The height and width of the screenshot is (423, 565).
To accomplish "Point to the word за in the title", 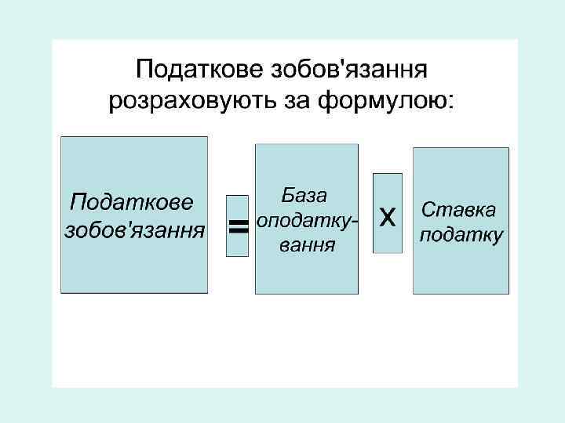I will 297,102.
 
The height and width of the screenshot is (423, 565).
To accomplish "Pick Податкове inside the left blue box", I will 131,203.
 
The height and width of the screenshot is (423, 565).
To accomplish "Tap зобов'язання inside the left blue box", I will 133,230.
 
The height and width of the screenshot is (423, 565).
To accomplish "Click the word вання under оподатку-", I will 307,246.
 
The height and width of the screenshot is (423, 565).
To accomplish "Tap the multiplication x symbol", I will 387,215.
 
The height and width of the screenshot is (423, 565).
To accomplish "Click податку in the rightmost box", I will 461,236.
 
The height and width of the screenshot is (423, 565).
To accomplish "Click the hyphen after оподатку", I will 355,222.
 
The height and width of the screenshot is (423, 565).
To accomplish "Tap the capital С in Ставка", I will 428,210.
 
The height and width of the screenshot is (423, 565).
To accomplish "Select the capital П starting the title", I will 145,71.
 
